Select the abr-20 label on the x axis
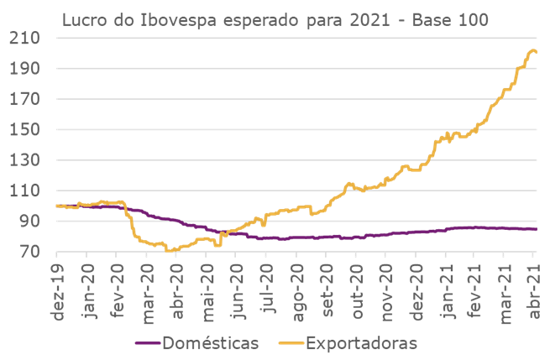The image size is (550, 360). click(175, 285)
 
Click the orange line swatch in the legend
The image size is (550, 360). click(280, 344)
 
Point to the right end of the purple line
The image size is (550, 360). click(537, 229)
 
